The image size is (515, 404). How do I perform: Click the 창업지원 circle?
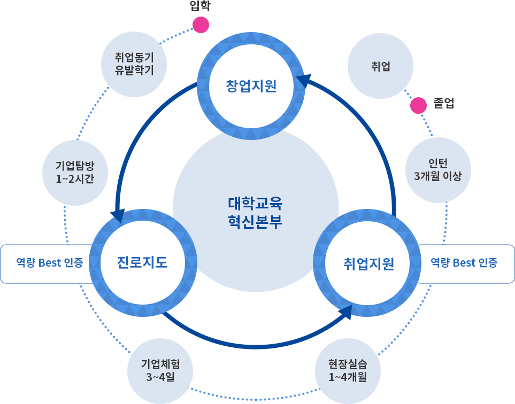click(x=251, y=86)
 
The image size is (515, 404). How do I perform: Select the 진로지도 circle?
click(x=142, y=262)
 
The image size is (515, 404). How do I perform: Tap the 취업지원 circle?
click(x=368, y=263)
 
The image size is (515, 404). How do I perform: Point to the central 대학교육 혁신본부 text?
click(x=255, y=213)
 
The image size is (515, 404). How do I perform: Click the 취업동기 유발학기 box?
click(x=134, y=64)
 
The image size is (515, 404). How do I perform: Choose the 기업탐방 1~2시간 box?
click(x=75, y=173)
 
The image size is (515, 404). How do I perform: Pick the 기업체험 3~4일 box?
click(x=160, y=370)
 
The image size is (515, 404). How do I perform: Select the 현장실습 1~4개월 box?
click(x=348, y=370)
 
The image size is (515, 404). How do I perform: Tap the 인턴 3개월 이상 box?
click(x=438, y=170)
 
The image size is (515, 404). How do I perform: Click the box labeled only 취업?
click(x=380, y=66)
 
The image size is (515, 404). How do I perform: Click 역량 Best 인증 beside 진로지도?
click(x=49, y=263)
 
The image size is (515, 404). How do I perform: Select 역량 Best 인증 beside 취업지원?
click(x=464, y=263)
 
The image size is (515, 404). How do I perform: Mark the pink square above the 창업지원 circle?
click(x=201, y=25)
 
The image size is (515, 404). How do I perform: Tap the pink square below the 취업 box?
click(x=418, y=105)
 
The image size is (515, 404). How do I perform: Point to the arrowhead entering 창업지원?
click(x=305, y=81)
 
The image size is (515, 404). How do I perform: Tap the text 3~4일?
click(x=160, y=377)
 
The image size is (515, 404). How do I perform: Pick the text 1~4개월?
click(x=348, y=377)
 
